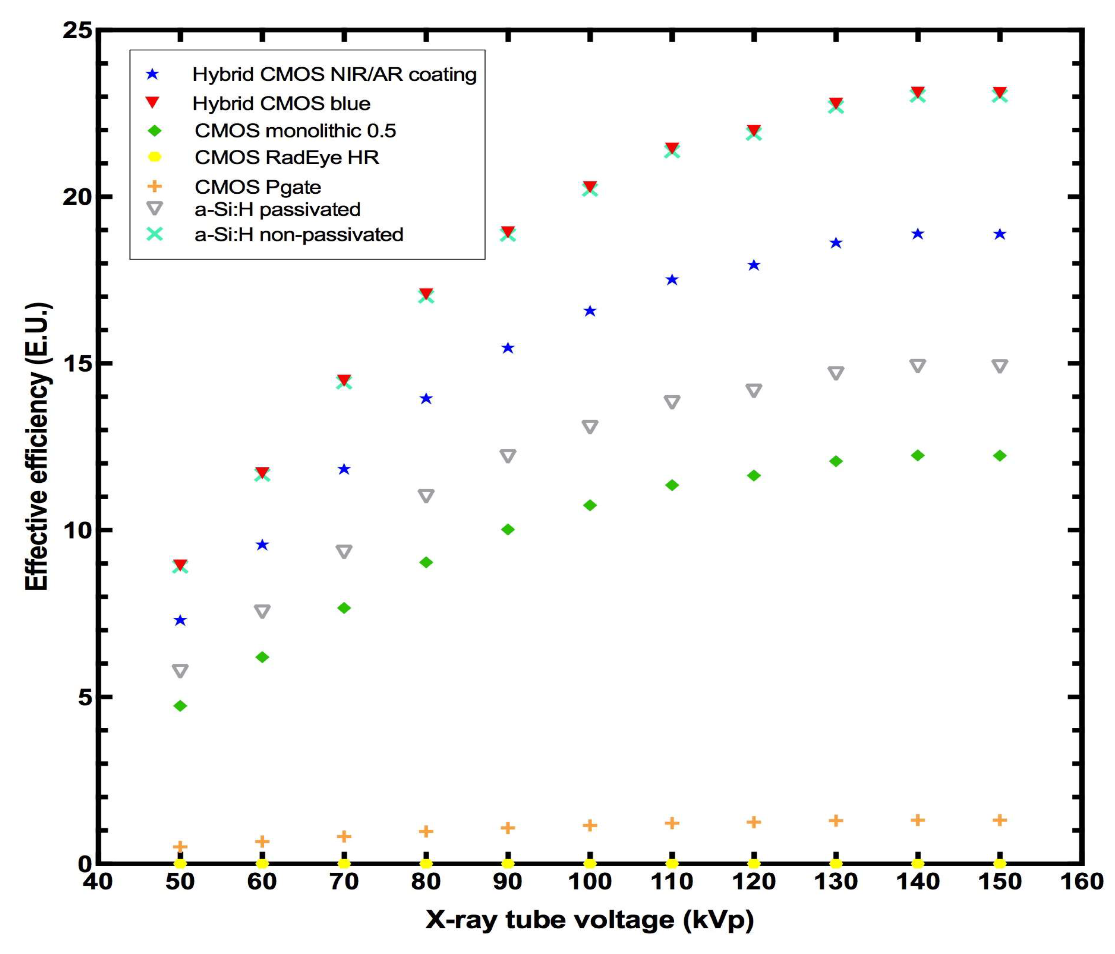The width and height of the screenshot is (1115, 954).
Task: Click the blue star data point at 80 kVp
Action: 426,399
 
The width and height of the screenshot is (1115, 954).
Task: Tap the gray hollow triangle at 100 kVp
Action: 590,427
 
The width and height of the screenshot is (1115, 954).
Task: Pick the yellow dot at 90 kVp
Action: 508,864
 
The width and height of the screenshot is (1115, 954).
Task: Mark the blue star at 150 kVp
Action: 1000,234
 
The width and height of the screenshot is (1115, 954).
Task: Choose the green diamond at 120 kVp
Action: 754,475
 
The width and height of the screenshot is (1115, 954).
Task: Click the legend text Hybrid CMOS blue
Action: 282,103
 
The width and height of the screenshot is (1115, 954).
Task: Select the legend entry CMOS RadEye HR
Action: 287,157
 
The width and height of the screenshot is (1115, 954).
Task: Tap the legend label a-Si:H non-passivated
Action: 299,235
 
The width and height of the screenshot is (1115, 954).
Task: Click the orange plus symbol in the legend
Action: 154,186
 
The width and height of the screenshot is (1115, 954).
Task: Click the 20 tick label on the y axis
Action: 78,197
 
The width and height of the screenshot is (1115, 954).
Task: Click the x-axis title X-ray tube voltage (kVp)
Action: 590,920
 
